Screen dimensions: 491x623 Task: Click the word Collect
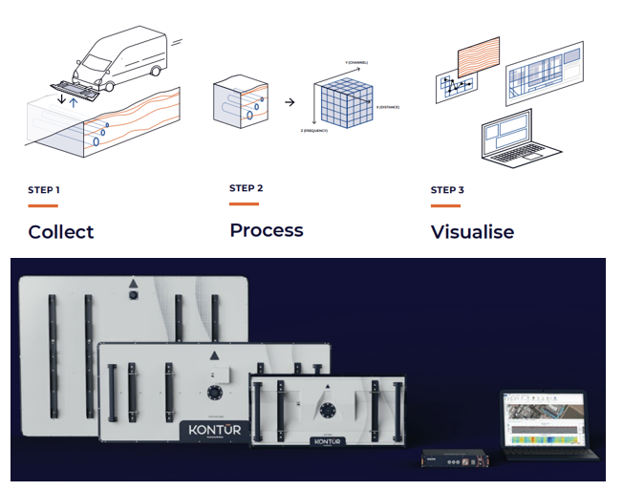click(61, 231)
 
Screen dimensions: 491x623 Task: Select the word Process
click(266, 230)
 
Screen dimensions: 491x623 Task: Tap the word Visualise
click(472, 231)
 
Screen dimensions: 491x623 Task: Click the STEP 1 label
click(44, 190)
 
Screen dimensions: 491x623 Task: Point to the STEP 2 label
click(246, 188)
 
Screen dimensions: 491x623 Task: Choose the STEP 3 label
click(447, 190)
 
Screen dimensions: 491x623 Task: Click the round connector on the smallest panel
click(329, 409)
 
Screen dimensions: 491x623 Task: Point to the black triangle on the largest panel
click(135, 283)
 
